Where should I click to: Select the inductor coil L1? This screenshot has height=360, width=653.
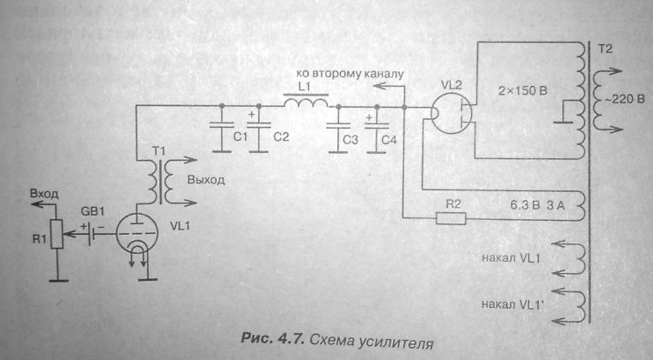point(305,104)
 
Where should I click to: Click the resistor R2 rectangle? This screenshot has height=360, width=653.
point(450,217)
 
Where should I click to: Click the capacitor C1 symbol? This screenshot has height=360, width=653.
point(221,122)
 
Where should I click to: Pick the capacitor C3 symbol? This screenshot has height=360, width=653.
point(337,123)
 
